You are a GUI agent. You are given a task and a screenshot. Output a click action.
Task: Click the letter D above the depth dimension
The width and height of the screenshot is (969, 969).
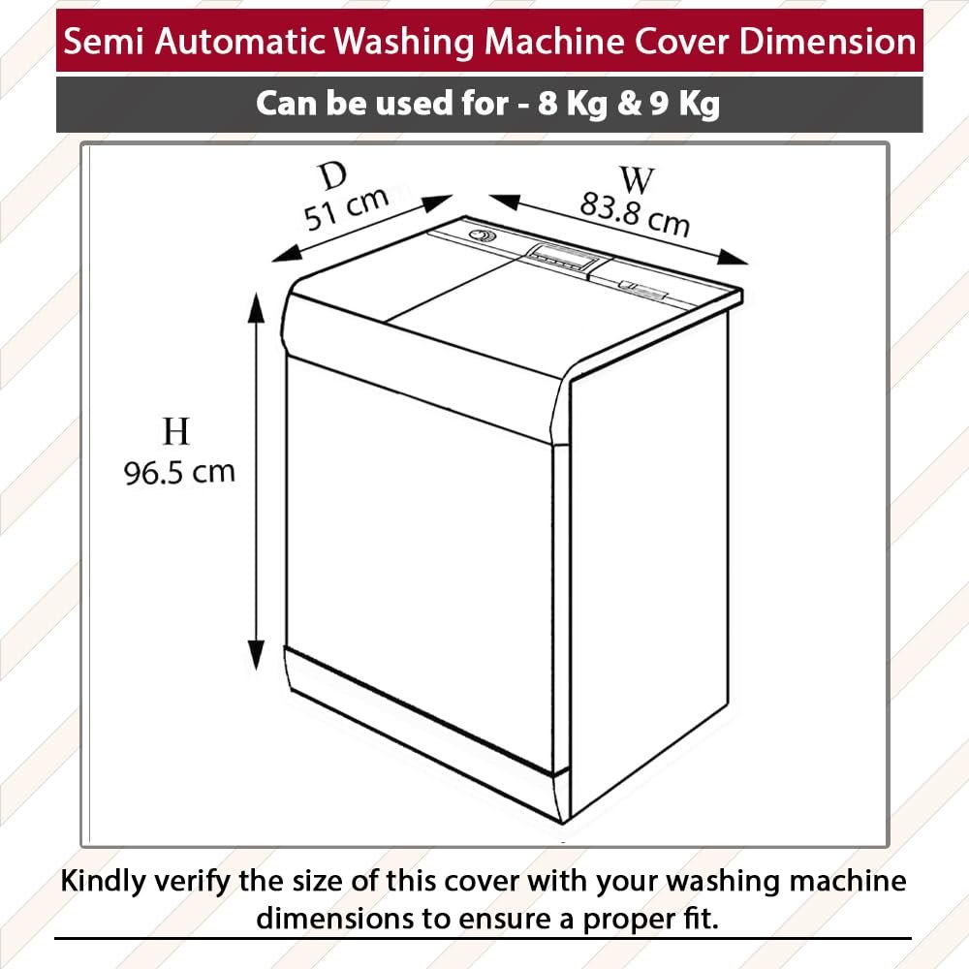coord(334,176)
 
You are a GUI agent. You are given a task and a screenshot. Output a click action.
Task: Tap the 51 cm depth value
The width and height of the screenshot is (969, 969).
coord(347,207)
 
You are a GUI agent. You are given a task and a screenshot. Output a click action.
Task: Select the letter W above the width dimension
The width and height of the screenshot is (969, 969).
coord(637,180)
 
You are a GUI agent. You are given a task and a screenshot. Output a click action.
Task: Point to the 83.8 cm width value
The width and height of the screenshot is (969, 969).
coord(635,214)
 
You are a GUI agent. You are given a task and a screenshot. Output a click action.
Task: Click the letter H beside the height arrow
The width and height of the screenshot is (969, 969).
coord(175,431)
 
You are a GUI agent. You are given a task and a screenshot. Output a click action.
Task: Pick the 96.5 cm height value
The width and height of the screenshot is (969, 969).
coord(179,472)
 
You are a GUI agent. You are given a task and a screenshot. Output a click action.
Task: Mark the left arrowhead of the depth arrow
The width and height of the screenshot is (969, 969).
coord(287,253)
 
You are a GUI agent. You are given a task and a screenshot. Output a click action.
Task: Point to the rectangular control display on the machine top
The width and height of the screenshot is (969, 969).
coord(563,257)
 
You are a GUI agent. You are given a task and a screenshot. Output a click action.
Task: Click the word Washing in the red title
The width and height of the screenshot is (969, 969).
coord(404,42)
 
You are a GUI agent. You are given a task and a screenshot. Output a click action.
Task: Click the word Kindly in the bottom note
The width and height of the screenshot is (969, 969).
coord(104,881)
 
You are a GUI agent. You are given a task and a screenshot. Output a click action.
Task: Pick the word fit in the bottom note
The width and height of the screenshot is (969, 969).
coord(705,918)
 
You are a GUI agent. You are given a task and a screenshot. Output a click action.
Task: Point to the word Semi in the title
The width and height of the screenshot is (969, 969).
coord(104,42)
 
